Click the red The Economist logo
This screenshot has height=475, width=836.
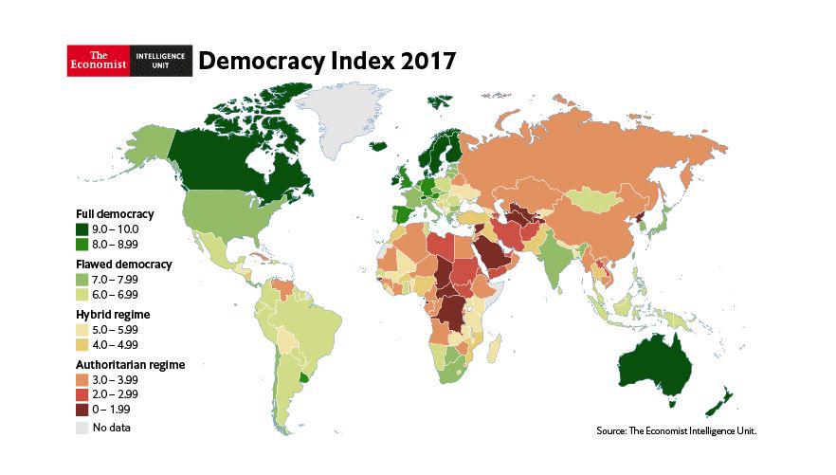(96, 61)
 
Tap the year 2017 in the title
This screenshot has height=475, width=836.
(427, 62)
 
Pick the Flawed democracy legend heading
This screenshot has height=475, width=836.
(123, 264)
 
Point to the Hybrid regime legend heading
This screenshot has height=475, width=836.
(114, 314)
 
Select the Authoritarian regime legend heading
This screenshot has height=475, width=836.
(130, 364)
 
